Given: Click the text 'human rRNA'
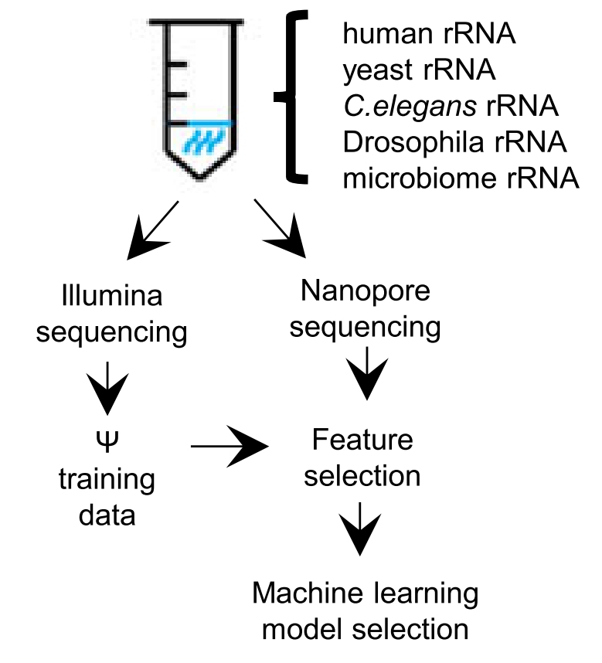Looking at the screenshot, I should coord(429,36).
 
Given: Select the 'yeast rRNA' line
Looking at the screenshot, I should coord(419,71).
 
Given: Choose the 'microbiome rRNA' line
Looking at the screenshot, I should coord(461,178).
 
